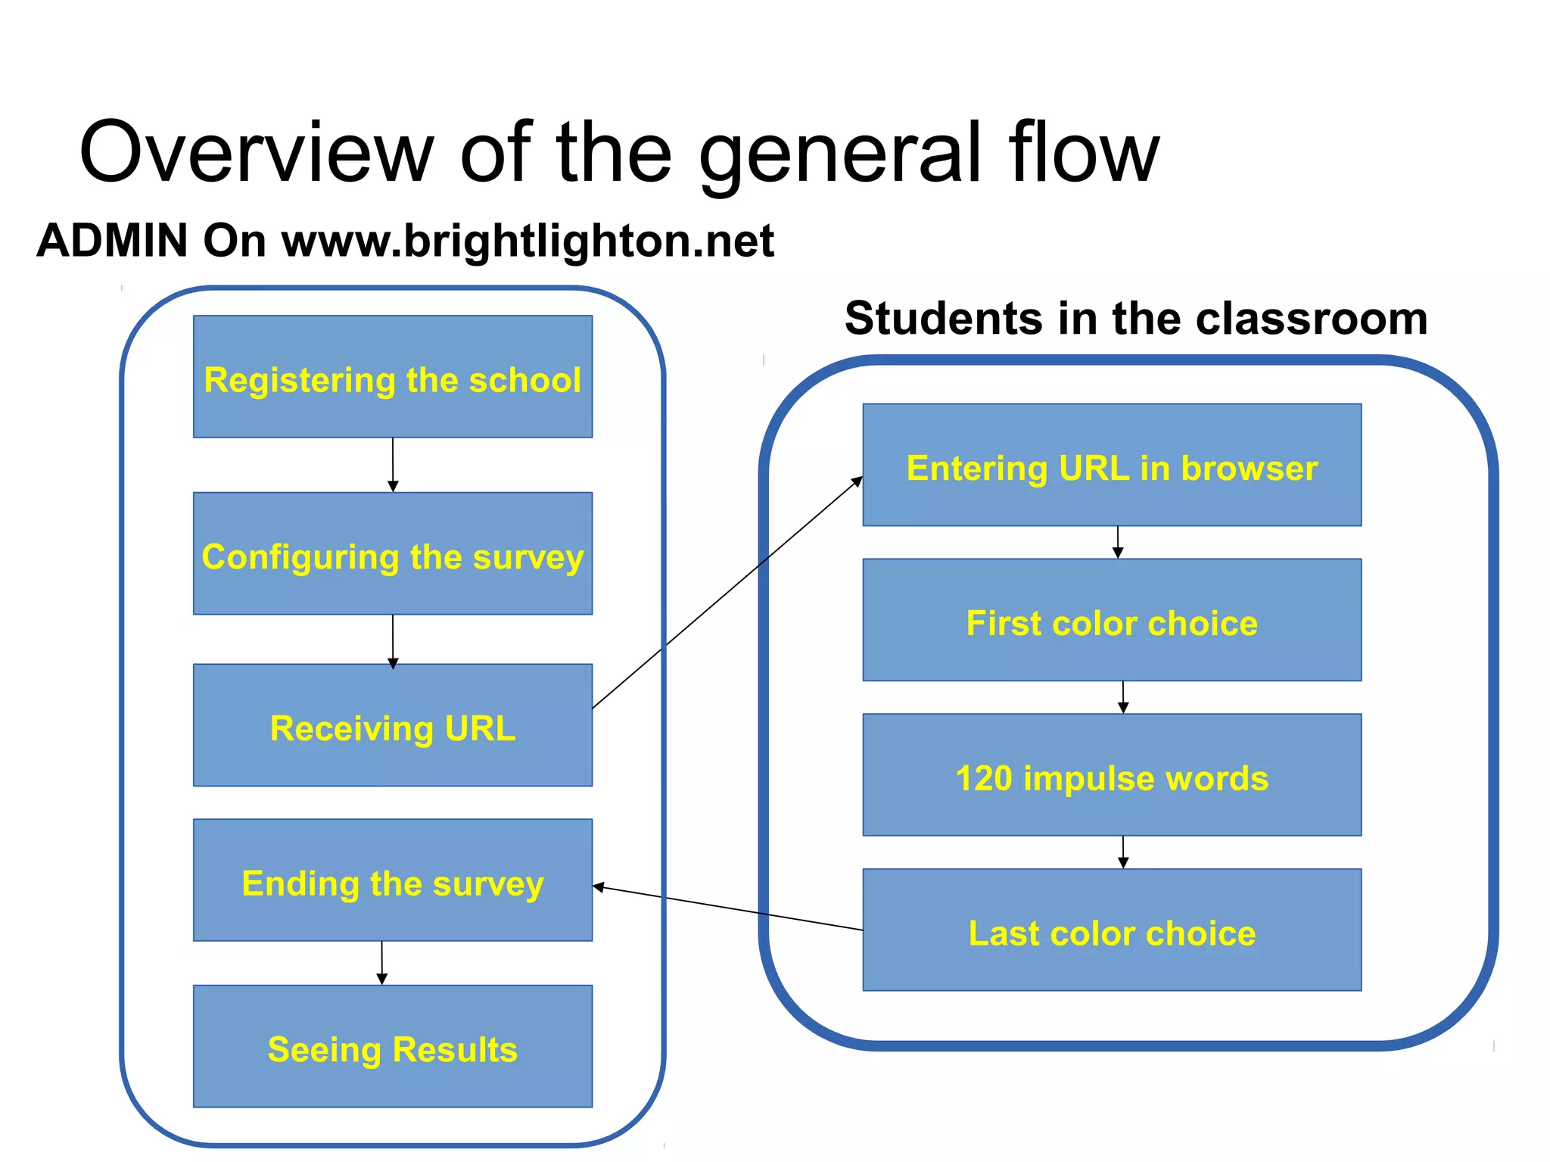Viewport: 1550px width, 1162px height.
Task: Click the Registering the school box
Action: pyautogui.click(x=393, y=376)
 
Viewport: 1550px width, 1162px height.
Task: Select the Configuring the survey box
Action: pyautogui.click(x=393, y=553)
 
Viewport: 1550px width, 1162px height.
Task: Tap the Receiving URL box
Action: pyautogui.click(x=393, y=725)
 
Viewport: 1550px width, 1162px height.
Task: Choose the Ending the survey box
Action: pyautogui.click(x=393, y=880)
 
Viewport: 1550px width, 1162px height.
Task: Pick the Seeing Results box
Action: pyautogui.click(x=393, y=1046)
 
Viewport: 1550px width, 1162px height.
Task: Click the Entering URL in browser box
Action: pyautogui.click(x=1112, y=465)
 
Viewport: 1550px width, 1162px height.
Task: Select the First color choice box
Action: pyautogui.click(x=1112, y=620)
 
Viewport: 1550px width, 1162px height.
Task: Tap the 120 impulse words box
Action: pyautogui.click(x=1112, y=775)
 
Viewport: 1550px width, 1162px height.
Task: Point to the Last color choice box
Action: pyautogui.click(x=1112, y=930)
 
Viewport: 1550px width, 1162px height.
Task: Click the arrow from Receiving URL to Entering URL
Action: pyautogui.click(x=727, y=593)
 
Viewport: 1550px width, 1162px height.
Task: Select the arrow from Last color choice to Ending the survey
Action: pyautogui.click(x=727, y=908)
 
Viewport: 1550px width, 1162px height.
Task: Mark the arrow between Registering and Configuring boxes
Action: pyautogui.click(x=393, y=465)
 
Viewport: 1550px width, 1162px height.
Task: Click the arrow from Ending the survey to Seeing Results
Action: pyautogui.click(x=382, y=962)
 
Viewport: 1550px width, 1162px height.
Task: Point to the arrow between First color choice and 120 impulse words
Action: pyautogui.click(x=1123, y=697)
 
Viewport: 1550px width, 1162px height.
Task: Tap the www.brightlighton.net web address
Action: pyautogui.click(x=528, y=241)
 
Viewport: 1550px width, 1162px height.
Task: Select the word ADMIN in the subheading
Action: pyautogui.click(x=112, y=241)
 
